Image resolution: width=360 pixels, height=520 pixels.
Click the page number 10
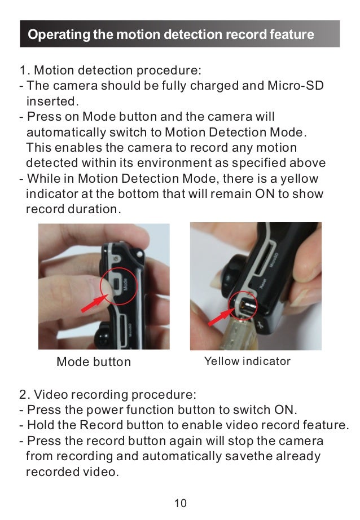point(180,503)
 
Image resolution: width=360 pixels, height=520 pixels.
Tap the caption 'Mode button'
point(94,362)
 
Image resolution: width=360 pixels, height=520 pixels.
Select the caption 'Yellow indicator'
point(247,361)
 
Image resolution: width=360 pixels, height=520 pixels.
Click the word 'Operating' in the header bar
point(59,35)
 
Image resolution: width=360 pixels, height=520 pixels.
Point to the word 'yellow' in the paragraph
point(301,179)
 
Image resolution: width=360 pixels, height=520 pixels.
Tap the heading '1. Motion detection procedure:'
point(110,72)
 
